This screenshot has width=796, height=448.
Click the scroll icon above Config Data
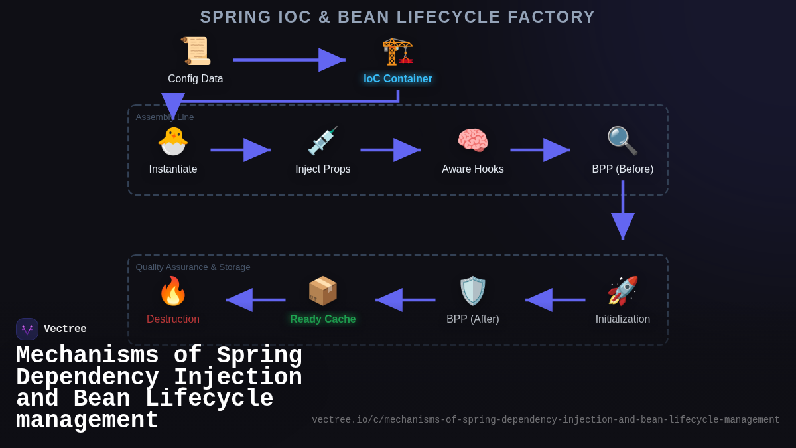(x=196, y=51)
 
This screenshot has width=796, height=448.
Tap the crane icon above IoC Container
(x=397, y=51)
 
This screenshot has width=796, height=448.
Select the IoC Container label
(x=397, y=79)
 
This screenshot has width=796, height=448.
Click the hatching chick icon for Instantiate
(x=173, y=141)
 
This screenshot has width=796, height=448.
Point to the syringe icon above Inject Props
(x=323, y=141)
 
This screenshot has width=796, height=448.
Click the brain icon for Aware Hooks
(x=473, y=141)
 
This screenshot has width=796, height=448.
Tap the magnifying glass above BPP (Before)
(x=622, y=141)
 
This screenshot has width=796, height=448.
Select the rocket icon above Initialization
(x=622, y=291)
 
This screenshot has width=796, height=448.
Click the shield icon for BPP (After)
(x=473, y=291)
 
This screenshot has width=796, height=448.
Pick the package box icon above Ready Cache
(x=323, y=291)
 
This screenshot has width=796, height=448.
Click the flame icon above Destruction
(x=173, y=291)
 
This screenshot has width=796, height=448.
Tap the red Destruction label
(x=173, y=319)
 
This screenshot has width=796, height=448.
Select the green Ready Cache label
(x=323, y=319)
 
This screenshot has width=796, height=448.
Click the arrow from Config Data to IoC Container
(x=289, y=60)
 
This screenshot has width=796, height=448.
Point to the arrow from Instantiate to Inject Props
(x=240, y=150)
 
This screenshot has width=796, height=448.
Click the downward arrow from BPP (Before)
(x=623, y=210)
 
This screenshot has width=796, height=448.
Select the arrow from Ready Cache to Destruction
(x=255, y=300)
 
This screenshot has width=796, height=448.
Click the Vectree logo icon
(x=27, y=329)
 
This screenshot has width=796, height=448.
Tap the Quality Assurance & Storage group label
(x=193, y=267)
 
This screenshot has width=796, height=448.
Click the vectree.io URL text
(x=545, y=420)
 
